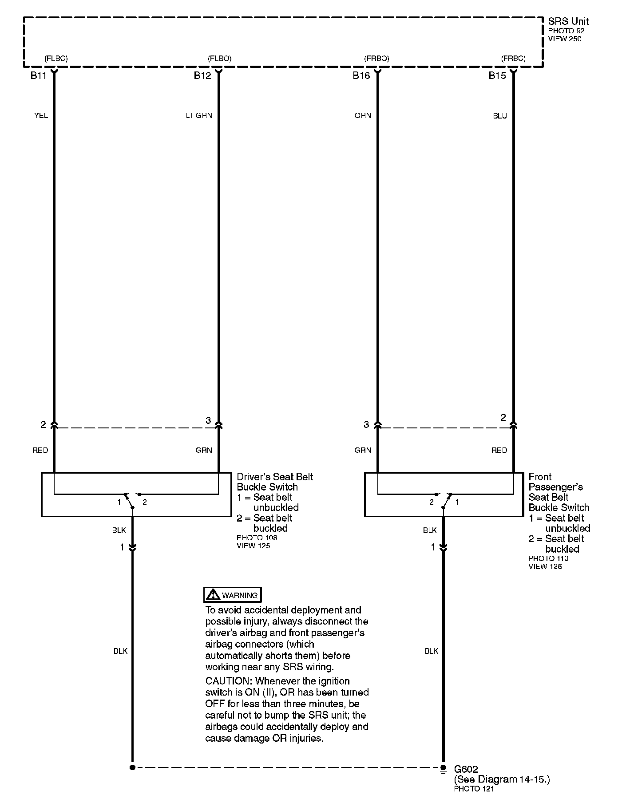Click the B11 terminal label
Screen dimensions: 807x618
[x=38, y=76]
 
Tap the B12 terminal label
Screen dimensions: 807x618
[x=202, y=76]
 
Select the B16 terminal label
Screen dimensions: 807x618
[x=361, y=76]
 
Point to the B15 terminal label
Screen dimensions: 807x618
[x=497, y=76]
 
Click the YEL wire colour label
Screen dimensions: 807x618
[x=41, y=116]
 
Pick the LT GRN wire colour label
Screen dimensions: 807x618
[x=199, y=116]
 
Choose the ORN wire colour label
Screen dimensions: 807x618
[x=363, y=116]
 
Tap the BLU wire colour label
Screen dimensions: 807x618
[x=499, y=116]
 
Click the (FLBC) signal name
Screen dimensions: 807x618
[x=56, y=59]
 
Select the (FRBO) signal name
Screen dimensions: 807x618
[x=376, y=59]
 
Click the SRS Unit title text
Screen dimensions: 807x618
[x=568, y=21]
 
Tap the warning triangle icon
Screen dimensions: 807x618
[x=213, y=595]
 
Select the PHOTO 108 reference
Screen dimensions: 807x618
[x=257, y=538]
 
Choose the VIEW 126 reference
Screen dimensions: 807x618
[x=545, y=566]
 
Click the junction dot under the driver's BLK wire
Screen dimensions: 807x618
[x=132, y=767]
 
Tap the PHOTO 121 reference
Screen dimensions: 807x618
[x=474, y=789]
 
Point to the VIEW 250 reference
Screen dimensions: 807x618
[x=564, y=39]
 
